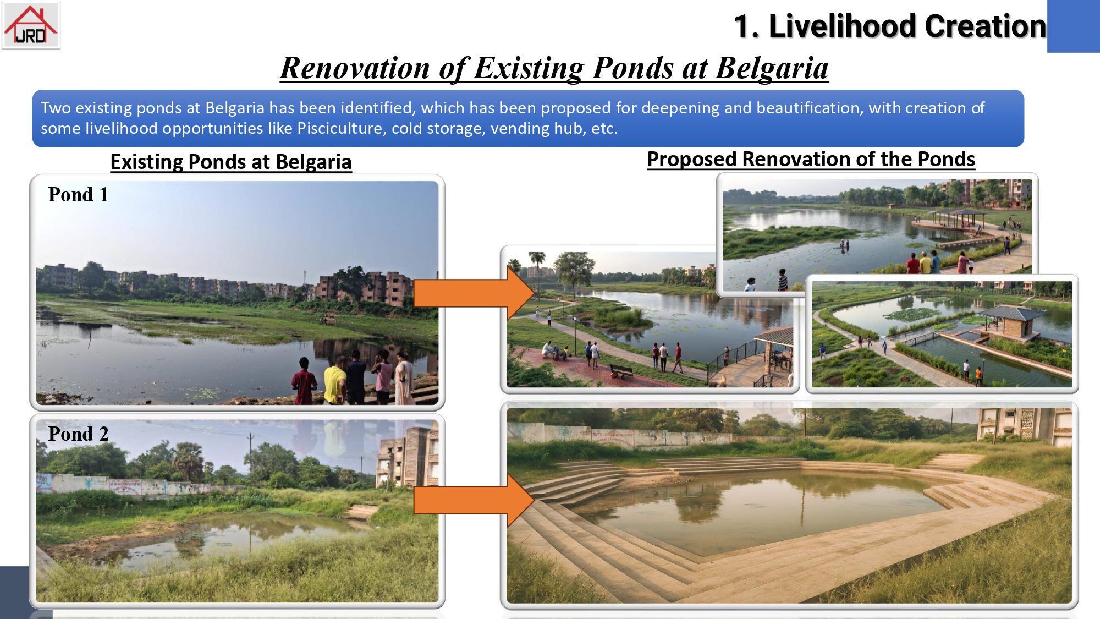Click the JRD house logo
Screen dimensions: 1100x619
point(31,25)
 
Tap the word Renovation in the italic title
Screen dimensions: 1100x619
point(355,68)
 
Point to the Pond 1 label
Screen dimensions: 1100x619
point(78,195)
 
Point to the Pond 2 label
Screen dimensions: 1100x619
point(78,434)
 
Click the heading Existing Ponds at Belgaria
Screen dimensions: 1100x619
point(231,162)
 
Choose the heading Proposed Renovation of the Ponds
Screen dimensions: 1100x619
point(811,159)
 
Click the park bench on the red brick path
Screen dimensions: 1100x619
point(621,371)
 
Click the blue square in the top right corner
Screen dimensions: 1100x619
point(1074,26)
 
